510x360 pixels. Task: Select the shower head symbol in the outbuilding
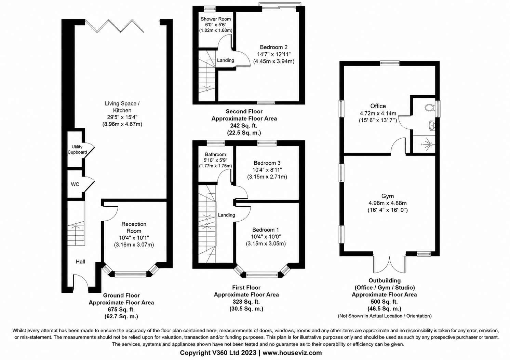[x=426, y=144]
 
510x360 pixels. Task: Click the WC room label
[x=75, y=184]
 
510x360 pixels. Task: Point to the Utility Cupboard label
[x=77, y=150]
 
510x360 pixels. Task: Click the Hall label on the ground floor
[x=80, y=262]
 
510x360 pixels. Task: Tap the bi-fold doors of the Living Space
[x=115, y=26]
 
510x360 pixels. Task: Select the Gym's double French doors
[x=390, y=265]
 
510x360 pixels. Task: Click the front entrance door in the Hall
[x=81, y=283]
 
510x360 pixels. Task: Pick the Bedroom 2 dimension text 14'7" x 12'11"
[x=274, y=54]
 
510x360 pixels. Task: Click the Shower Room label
[x=216, y=19]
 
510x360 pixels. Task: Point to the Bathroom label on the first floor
[x=215, y=154]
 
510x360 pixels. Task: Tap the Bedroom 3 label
[x=267, y=163]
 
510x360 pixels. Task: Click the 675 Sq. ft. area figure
[x=121, y=309]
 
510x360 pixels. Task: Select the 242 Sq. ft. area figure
[x=244, y=126]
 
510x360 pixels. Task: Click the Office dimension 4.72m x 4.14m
[x=378, y=113]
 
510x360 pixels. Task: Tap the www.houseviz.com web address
[x=292, y=353]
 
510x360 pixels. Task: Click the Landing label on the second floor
[x=225, y=60]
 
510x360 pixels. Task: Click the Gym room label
[x=388, y=196]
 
